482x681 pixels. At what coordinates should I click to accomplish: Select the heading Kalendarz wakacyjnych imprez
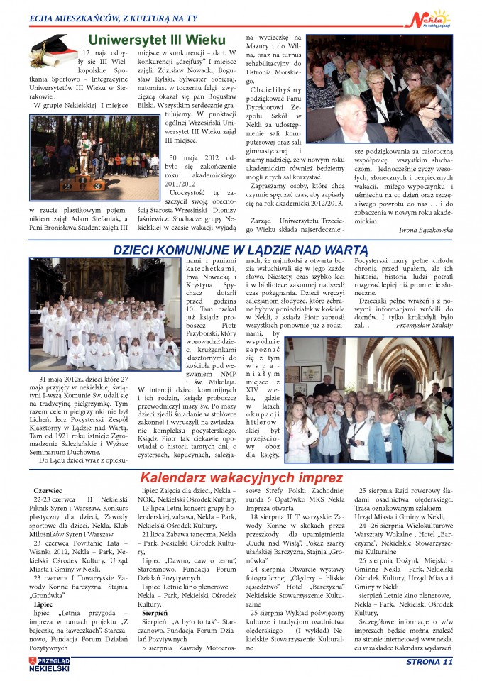click(x=241, y=477)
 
